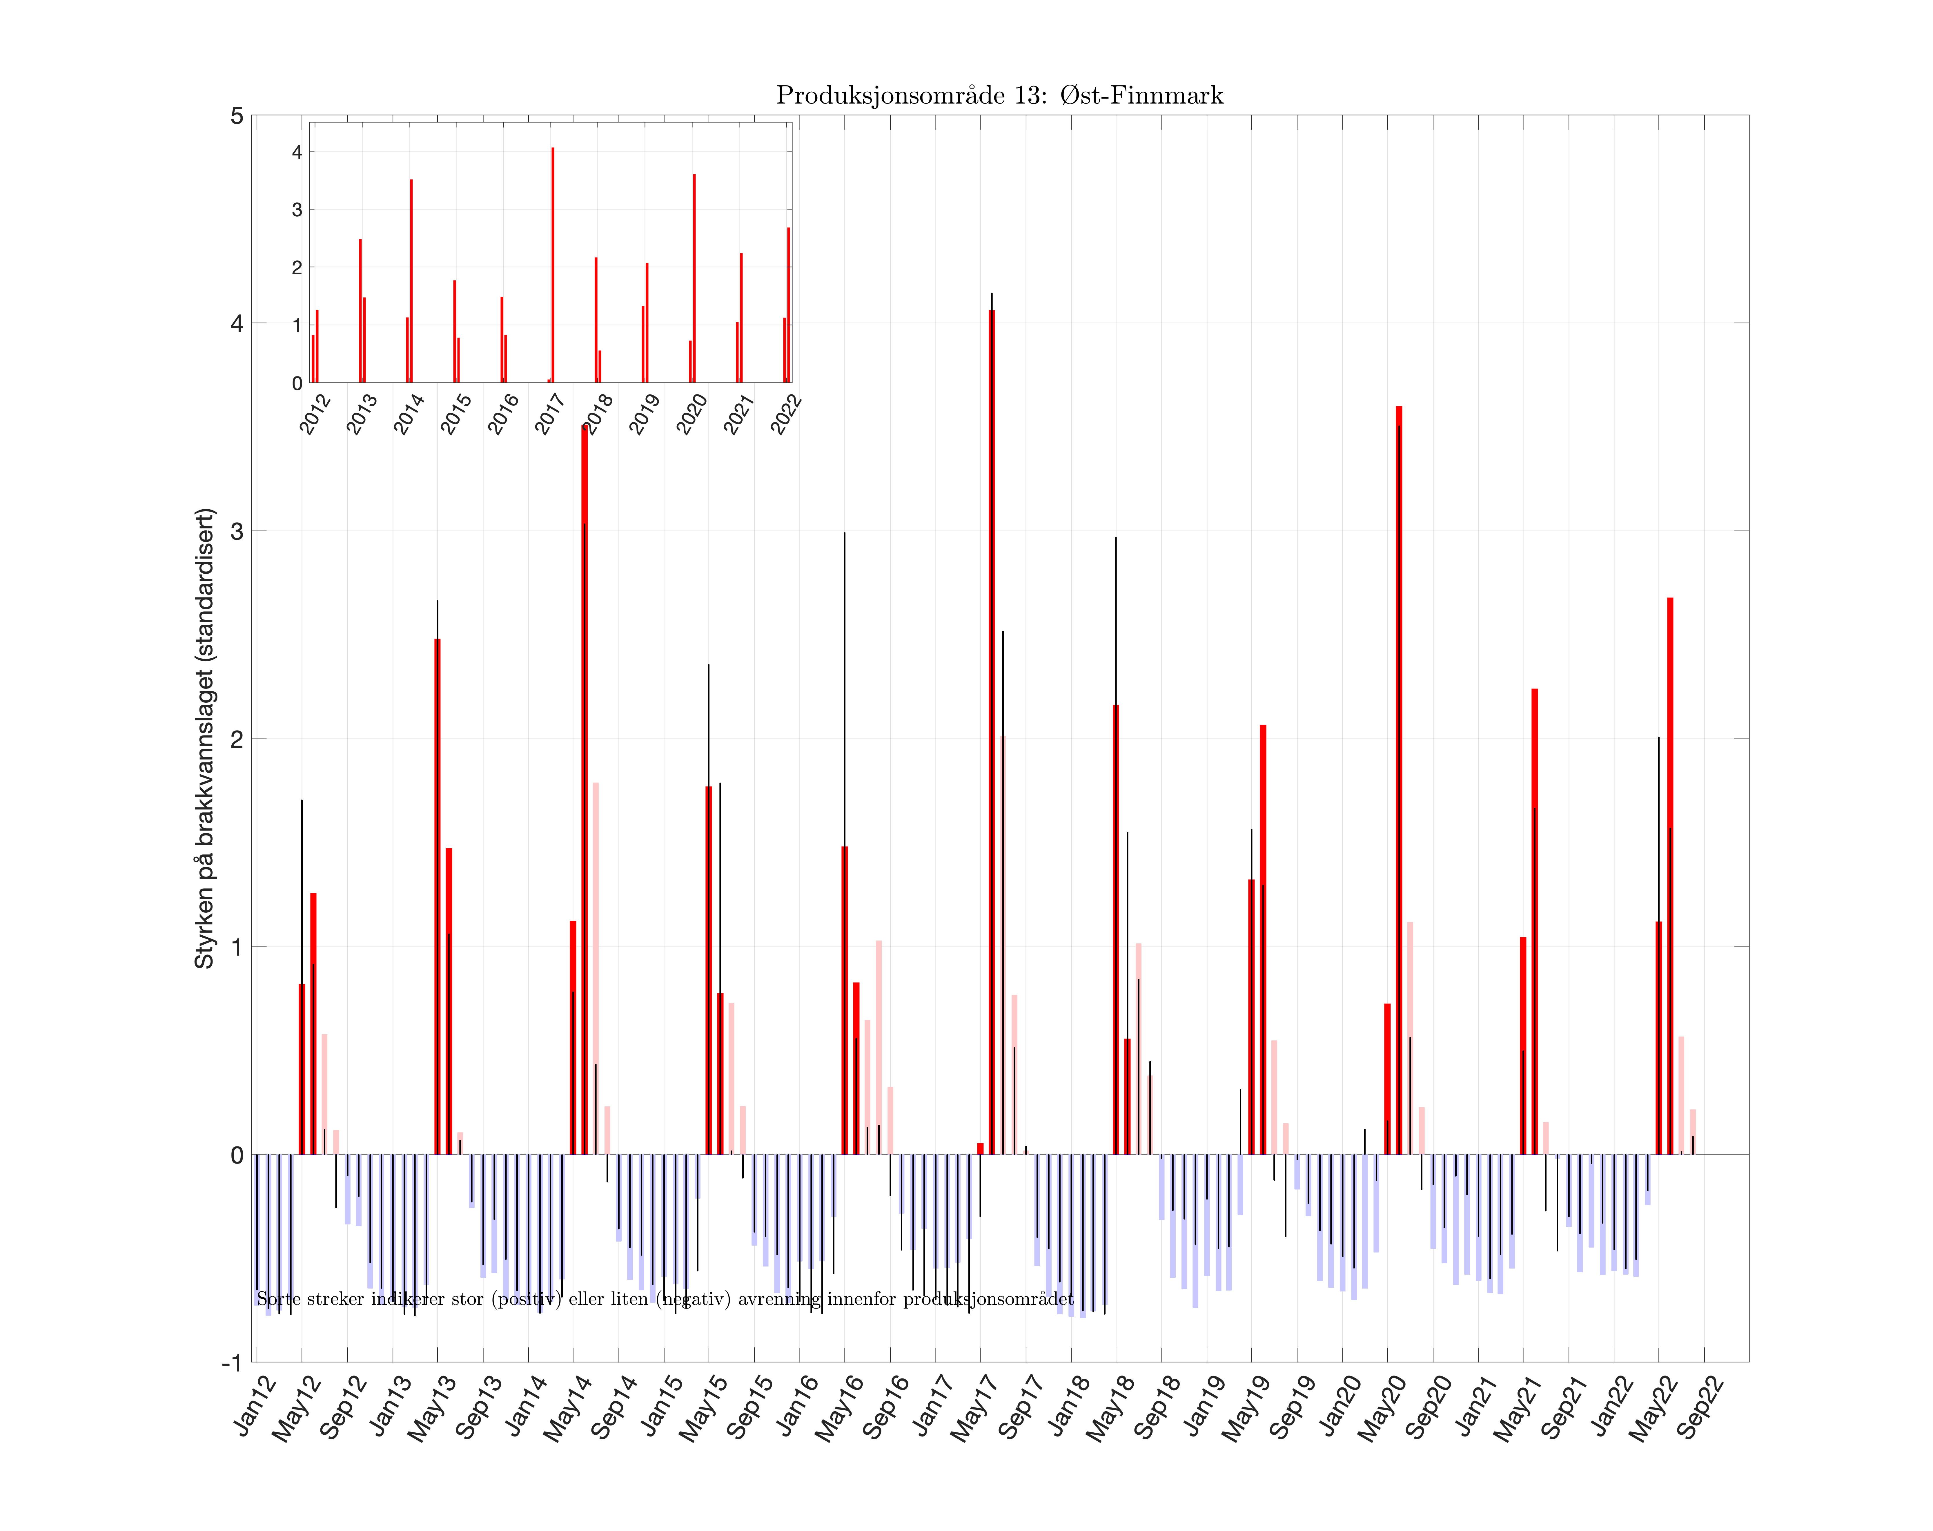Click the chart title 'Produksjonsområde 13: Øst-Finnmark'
click(x=998, y=95)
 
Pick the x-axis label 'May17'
click(x=977, y=1407)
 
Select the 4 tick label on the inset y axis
click(x=297, y=152)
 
